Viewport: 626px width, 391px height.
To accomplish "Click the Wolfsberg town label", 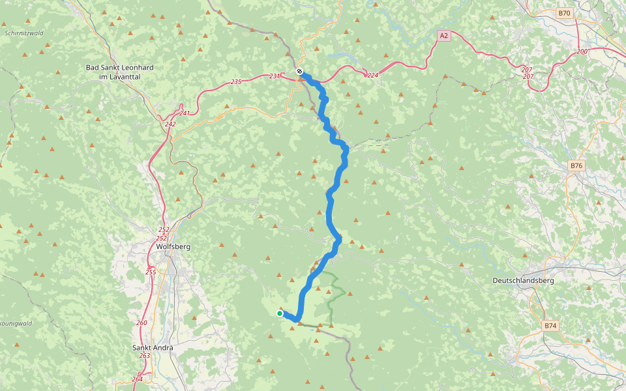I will coord(172,247).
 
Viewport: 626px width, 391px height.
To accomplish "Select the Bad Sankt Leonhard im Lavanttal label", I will coord(113,72).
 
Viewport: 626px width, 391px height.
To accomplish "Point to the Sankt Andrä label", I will coord(153,347).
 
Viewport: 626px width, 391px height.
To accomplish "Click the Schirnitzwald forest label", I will coord(23,33).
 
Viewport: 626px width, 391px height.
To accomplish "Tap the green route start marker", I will coord(280,313).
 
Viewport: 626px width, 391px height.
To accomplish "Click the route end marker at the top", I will coord(299,72).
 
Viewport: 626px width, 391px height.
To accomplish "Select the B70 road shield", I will coord(564,13).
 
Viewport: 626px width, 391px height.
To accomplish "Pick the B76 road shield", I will coord(576,166).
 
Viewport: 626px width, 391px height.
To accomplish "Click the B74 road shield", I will coord(550,325).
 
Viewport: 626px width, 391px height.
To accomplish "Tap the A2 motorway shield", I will coord(443,36).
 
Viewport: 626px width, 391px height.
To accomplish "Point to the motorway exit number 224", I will coord(372,76).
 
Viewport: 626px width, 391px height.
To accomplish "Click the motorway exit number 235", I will coord(236,81).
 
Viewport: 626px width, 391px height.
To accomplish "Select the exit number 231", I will coord(275,77).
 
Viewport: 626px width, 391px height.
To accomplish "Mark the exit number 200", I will coord(582,51).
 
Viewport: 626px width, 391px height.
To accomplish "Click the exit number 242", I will coord(170,124).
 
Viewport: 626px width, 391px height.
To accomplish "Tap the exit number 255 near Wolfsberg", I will coord(151,272).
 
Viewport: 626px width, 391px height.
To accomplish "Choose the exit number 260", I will coord(142,323).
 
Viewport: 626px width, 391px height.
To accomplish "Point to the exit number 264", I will coord(137,379).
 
